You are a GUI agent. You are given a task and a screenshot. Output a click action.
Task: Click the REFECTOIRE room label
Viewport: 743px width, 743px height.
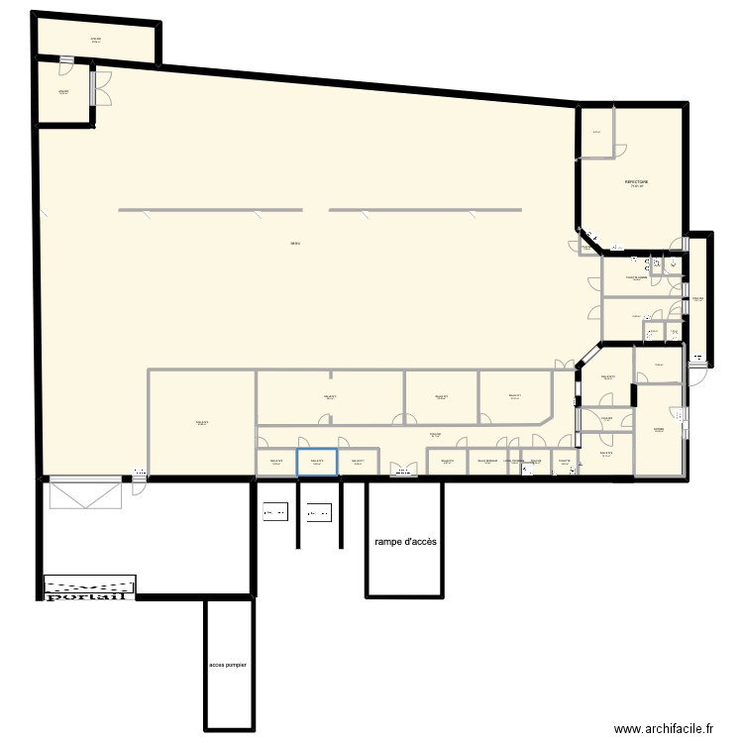(635, 183)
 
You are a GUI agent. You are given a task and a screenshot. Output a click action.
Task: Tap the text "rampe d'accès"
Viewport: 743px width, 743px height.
(405, 542)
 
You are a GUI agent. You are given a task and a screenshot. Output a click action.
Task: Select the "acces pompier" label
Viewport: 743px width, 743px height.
(229, 665)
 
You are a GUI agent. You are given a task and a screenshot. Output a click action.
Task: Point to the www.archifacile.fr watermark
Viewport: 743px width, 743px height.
(663, 728)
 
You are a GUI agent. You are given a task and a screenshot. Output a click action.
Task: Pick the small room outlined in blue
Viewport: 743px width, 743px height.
(317, 463)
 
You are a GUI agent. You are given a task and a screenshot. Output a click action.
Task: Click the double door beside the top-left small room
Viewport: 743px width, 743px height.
(102, 86)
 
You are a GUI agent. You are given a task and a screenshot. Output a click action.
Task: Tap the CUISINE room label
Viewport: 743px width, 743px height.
(659, 430)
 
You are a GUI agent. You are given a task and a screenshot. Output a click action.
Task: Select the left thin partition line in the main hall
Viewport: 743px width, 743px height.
(210, 210)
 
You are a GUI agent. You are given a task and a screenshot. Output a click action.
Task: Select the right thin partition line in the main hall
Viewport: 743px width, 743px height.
(424, 210)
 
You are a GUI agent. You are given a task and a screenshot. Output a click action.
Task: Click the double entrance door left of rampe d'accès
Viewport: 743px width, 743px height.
(403, 471)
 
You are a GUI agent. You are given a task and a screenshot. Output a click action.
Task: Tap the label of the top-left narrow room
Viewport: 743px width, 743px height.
(96, 40)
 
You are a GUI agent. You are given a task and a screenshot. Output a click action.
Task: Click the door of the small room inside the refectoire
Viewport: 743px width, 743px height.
(618, 149)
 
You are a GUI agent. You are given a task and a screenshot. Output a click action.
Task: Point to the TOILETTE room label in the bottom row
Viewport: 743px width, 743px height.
(564, 461)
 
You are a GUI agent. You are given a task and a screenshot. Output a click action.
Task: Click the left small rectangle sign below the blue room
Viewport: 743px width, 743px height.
(274, 512)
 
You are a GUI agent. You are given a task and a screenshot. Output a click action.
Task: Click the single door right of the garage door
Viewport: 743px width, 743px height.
(139, 485)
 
